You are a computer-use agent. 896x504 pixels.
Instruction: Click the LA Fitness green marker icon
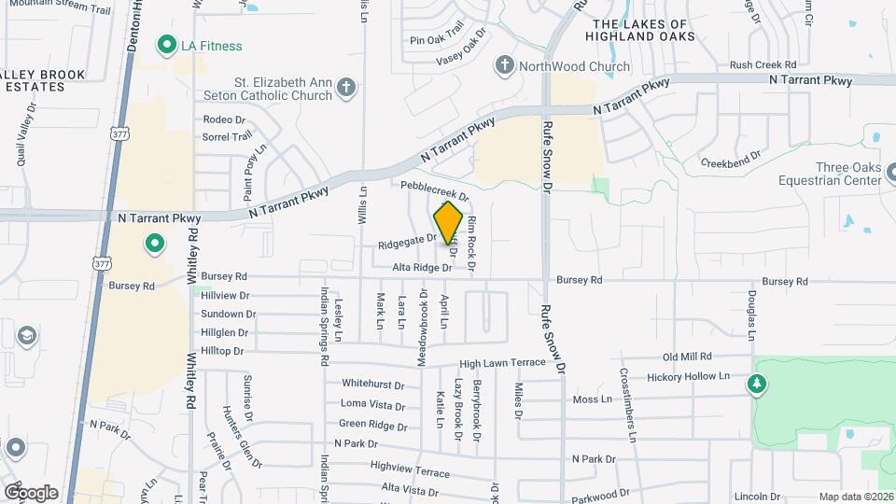pos(168,44)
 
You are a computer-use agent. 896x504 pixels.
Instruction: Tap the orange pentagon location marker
pos(448,223)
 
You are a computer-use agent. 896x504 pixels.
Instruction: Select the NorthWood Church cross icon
pos(505,65)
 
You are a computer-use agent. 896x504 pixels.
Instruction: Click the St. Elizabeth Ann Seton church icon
pos(346,89)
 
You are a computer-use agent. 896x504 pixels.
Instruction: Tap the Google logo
pos(31,492)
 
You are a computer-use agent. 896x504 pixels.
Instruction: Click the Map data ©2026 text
pos(855,497)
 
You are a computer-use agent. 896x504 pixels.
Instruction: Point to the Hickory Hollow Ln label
pos(688,376)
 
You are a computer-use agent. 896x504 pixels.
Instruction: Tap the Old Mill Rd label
pos(687,357)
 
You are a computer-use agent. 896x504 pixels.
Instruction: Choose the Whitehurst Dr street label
pos(372,385)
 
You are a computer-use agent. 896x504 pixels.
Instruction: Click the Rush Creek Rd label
pos(763,65)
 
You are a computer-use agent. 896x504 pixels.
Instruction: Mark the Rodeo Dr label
pos(224,119)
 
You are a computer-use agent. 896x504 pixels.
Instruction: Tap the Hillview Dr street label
pos(225,295)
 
